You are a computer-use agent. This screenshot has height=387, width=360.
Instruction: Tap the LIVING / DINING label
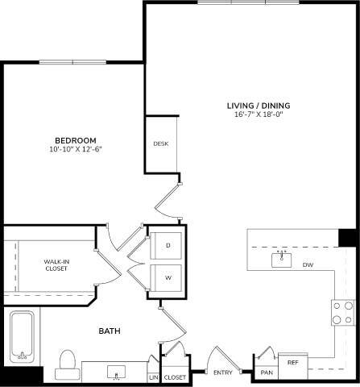(258, 106)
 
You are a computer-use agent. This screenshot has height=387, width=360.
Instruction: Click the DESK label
(160, 144)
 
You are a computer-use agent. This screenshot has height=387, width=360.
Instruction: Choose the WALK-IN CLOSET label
(56, 264)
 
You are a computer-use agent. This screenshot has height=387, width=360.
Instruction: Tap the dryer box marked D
(168, 245)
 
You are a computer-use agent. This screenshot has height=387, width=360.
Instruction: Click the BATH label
(110, 331)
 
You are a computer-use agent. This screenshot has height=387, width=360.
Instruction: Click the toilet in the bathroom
(66, 364)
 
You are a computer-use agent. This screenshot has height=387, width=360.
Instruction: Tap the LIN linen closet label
(153, 377)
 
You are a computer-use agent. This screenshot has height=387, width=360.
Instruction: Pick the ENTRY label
(223, 372)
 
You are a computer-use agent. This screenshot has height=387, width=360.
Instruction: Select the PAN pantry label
(267, 372)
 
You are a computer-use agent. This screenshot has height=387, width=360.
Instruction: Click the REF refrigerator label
(293, 364)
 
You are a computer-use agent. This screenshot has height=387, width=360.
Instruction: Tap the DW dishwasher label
(307, 264)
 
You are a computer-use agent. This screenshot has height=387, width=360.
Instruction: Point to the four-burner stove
(344, 311)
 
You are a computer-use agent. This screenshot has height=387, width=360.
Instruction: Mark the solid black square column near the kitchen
(347, 239)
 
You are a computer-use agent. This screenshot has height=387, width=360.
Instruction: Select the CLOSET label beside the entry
(175, 377)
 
